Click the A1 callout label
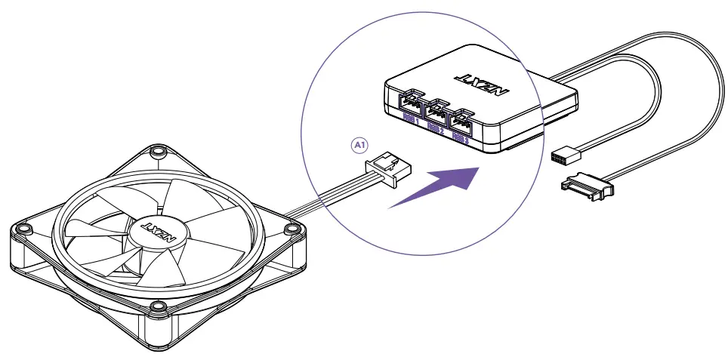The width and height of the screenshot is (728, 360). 360,143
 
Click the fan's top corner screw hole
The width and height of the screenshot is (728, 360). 157,150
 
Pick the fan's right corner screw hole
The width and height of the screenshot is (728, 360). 292,229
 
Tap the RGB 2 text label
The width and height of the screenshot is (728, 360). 436,128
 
